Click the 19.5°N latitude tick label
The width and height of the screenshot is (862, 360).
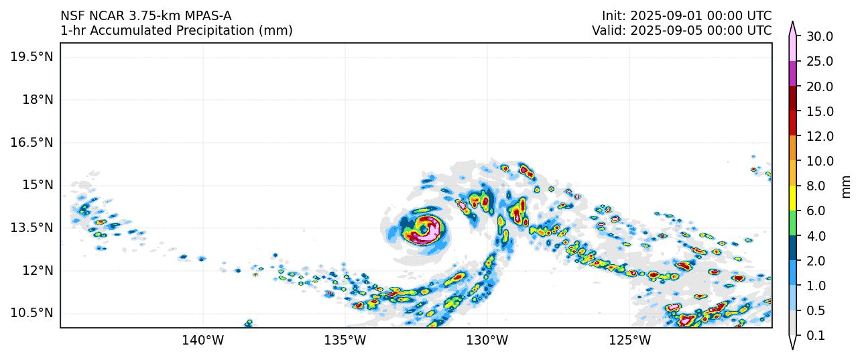[31, 57]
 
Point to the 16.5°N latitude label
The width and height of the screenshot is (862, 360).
[31, 142]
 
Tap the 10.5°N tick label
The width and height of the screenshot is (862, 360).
[31, 313]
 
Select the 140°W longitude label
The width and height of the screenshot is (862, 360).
[202, 341]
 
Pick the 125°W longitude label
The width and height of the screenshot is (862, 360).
[630, 341]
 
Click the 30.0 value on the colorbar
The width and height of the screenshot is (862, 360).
[819, 36]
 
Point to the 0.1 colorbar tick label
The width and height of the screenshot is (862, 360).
[815, 336]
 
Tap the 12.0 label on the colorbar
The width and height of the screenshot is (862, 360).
[819, 136]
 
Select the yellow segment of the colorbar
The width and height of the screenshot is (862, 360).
[793, 198]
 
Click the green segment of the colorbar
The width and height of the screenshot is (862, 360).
[793, 223]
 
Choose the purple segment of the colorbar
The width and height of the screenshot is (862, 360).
[793, 73]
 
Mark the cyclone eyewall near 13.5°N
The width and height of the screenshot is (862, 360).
[424, 229]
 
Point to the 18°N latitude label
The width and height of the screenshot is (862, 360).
[35, 100]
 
